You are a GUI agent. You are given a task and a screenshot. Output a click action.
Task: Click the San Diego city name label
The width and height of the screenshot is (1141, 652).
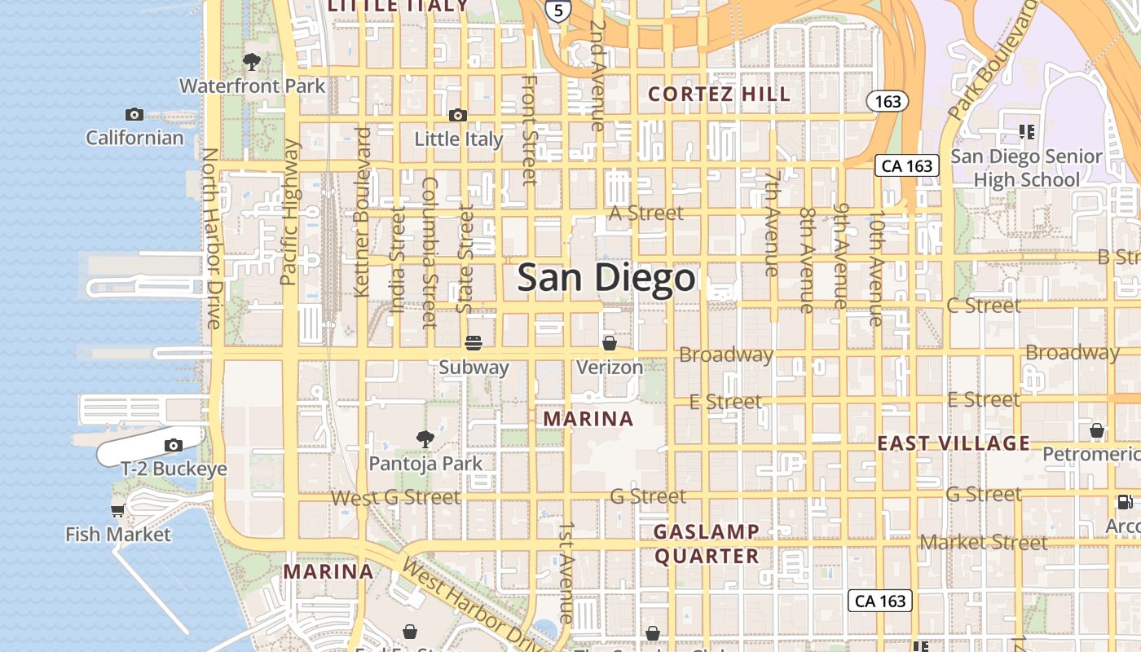pos(606,278)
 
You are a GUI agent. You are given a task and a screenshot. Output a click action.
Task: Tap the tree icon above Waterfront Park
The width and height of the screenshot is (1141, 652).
pos(252,61)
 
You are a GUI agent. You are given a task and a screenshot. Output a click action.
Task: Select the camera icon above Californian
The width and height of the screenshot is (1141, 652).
pos(134,114)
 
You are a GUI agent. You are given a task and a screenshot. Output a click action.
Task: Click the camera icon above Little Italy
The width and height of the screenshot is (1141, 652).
pos(458,116)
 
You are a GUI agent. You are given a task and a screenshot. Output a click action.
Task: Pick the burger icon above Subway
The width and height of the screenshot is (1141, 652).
pos(474,343)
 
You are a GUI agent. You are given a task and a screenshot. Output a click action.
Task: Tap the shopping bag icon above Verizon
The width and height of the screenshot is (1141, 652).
pos(609,343)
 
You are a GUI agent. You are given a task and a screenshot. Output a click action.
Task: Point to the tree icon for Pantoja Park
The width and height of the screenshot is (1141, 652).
pos(425,439)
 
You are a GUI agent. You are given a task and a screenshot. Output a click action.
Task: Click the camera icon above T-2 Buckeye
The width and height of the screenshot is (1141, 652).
pos(173,445)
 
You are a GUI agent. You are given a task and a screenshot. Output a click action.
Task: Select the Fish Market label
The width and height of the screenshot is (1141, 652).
pos(118,535)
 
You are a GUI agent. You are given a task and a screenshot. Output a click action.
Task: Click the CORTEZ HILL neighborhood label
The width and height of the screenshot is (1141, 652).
pos(720,95)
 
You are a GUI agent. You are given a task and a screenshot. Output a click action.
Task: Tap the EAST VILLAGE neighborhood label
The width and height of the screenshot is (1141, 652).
pos(954,443)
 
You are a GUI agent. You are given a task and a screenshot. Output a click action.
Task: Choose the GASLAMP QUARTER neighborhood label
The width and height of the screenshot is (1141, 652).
pos(707,544)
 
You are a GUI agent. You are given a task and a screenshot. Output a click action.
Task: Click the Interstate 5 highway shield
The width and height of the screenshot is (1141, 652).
pos(558,11)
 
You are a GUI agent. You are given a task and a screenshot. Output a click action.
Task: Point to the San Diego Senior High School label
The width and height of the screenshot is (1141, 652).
pos(1026,168)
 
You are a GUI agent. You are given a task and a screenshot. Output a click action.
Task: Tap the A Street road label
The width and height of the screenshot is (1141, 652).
pos(646,213)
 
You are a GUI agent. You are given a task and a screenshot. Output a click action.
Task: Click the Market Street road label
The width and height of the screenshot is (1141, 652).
pos(984,542)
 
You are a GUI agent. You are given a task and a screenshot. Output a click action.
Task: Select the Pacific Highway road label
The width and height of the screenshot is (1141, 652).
pos(290,212)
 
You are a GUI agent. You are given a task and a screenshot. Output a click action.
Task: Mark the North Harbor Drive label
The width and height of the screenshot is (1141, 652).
pos(211,238)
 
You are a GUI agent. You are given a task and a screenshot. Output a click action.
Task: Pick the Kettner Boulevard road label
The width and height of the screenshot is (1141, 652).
pos(362,212)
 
